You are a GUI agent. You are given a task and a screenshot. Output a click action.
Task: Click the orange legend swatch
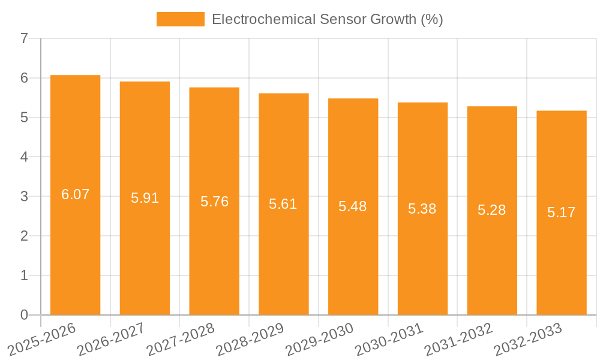[x=180, y=19]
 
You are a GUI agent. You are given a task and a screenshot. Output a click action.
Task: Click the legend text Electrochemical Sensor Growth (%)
[x=327, y=19]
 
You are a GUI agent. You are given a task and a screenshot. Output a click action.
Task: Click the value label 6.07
[x=75, y=194]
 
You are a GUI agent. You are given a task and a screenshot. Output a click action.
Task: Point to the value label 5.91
[x=145, y=198]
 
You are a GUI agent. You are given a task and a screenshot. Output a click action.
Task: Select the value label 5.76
[x=214, y=202]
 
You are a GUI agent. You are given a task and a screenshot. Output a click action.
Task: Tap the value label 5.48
[x=353, y=206]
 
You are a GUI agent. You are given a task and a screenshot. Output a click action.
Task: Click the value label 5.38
[x=422, y=209]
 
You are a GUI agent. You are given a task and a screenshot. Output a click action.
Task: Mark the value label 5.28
[x=492, y=210]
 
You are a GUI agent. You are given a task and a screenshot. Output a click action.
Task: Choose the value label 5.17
[x=561, y=212]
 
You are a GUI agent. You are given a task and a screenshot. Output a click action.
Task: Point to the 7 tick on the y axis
[x=24, y=39]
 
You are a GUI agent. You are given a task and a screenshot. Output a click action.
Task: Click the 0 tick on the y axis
[x=24, y=315]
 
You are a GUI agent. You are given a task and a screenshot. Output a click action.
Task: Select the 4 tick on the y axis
[x=24, y=157]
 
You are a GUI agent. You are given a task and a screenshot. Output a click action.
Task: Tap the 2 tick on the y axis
[x=24, y=236]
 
